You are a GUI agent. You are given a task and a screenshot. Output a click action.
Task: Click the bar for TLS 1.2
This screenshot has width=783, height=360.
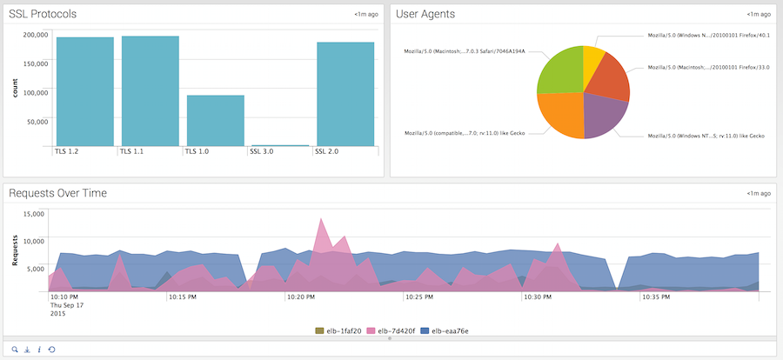85,91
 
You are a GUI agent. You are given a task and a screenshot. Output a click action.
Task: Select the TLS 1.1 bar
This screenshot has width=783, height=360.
150,91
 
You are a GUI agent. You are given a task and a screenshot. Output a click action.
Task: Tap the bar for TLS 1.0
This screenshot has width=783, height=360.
215,120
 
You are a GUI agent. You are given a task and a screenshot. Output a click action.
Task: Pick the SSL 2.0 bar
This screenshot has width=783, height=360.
345,94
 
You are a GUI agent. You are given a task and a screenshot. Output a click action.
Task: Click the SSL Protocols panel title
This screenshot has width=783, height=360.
42,14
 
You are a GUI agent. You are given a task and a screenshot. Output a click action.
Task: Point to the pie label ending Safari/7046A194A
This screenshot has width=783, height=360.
465,51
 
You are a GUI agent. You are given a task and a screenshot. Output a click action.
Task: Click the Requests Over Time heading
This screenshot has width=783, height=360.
57,193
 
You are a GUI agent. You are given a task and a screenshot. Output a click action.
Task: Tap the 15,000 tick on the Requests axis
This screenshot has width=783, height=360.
32,214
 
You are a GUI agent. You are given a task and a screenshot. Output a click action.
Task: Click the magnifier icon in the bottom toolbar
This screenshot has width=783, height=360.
14,349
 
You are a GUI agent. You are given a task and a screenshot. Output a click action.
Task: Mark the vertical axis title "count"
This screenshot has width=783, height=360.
15,88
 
